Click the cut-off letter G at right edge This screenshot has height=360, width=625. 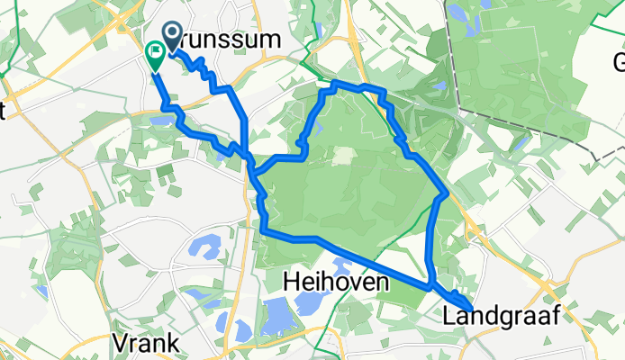pos(619,62)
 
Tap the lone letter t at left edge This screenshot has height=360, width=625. pos(4,111)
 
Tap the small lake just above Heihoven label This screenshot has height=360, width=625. pos(340,264)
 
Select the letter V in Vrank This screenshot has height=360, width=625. pos(120,343)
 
